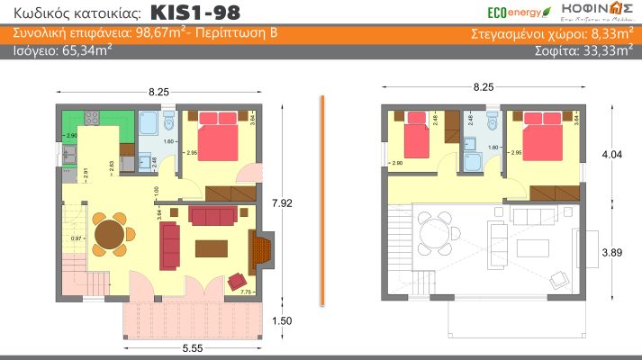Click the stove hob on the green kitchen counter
pyautogui.click(x=93, y=118)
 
